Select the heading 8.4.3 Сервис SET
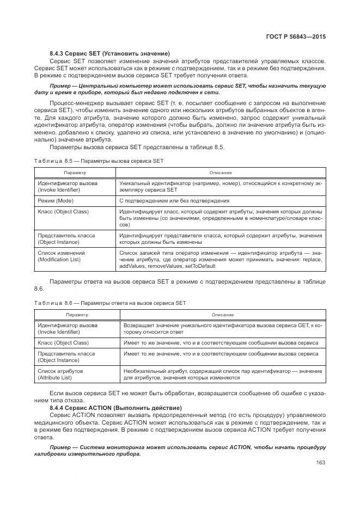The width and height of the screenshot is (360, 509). (x=109, y=53)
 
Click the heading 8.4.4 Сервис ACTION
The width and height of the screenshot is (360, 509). (x=115, y=408)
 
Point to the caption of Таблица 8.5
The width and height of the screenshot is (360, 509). (x=99, y=161)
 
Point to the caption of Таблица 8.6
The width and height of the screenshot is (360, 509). (x=110, y=303)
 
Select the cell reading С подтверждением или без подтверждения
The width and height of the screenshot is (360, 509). (x=167, y=201)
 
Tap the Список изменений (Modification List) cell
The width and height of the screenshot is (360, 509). (x=61, y=256)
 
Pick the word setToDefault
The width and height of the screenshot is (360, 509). (x=199, y=266)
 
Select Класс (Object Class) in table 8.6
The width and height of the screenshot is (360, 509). (x=63, y=343)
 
